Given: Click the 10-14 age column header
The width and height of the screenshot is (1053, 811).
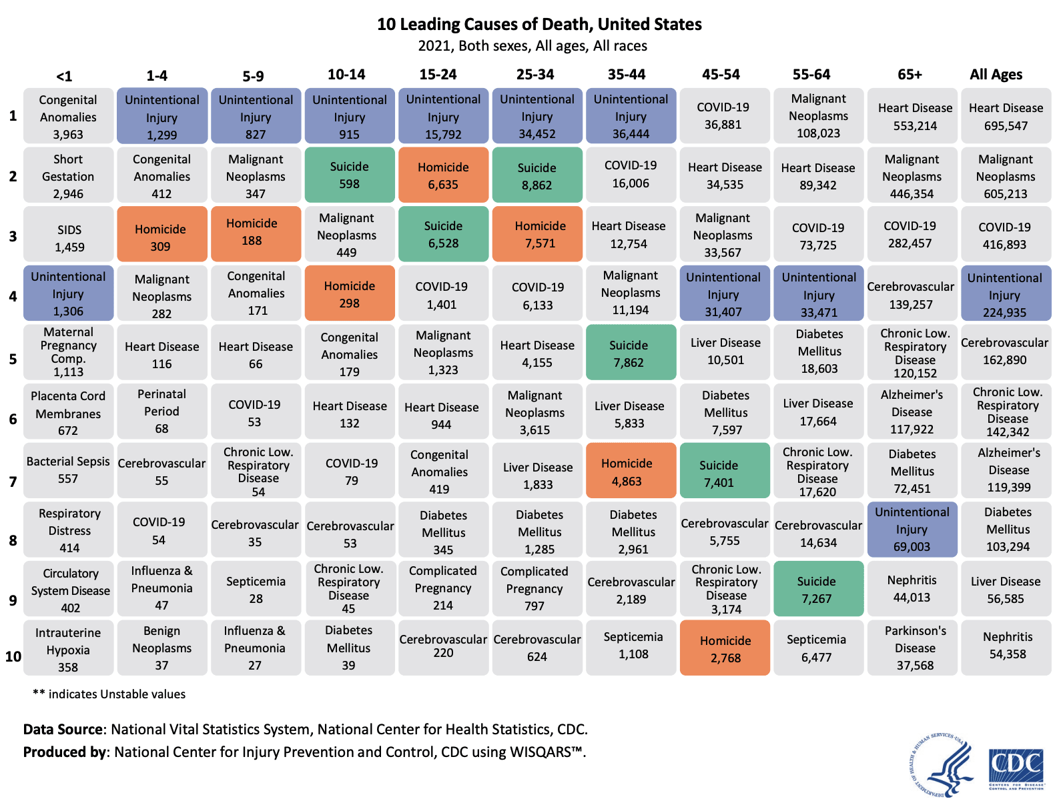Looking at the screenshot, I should (x=346, y=75).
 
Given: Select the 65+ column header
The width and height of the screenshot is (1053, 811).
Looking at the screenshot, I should (x=910, y=75).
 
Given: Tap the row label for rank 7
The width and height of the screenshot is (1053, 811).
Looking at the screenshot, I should (x=13, y=481).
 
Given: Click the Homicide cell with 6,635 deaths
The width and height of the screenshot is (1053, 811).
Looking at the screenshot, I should (x=443, y=175).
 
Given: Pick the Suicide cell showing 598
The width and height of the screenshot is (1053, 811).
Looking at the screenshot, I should (x=349, y=175).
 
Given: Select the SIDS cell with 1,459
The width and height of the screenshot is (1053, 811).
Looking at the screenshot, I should (x=69, y=238).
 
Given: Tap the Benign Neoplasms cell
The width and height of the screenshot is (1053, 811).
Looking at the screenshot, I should (x=161, y=648).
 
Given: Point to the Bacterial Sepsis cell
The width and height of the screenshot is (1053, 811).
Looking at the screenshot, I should (x=68, y=470).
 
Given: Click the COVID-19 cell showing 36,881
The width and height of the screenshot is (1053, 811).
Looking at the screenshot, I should (x=723, y=116).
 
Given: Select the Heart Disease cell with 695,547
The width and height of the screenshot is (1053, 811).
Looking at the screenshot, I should (x=1006, y=117).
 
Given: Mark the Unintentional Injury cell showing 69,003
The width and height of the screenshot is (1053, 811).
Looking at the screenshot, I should (x=912, y=530).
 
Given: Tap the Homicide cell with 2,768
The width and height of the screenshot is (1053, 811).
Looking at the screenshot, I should (x=725, y=649).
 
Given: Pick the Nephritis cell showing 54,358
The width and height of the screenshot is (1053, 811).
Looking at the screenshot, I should (x=1007, y=646).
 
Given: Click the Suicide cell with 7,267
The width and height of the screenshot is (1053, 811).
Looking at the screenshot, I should (x=819, y=590).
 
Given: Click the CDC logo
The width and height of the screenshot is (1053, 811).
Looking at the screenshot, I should (x=1016, y=768).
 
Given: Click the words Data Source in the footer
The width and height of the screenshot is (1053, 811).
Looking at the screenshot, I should (x=64, y=730).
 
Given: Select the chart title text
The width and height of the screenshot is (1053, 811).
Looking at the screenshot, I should (x=539, y=25).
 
